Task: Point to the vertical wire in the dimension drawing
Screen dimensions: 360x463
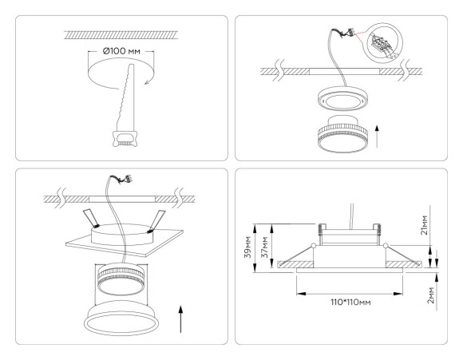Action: (x=352, y=212)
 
